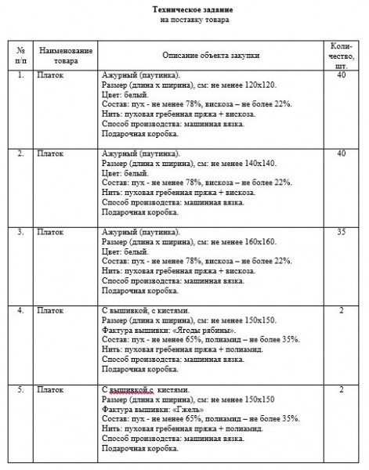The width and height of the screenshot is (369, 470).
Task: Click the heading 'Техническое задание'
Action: pyautogui.click(x=184, y=9)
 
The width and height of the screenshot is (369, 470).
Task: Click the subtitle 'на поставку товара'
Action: pyautogui.click(x=184, y=19)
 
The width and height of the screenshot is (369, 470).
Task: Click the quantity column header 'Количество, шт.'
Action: pyautogui.click(x=341, y=55)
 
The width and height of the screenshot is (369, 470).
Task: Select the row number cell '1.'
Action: pyautogui.click(x=21, y=75)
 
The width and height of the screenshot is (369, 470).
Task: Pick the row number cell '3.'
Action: pyautogui.click(x=21, y=233)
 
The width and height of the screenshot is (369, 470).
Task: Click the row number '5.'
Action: pyautogui.click(x=21, y=389)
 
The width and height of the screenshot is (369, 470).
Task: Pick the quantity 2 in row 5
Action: pyautogui.click(x=341, y=389)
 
